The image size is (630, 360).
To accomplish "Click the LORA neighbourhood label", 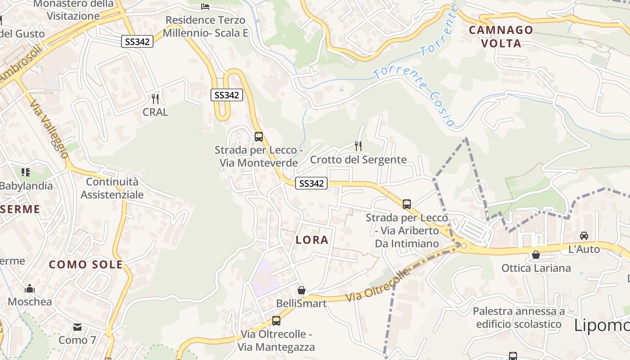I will coord(312,240).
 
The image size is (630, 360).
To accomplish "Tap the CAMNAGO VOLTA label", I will coord(501,37).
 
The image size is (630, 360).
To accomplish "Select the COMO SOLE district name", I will coord(85,265).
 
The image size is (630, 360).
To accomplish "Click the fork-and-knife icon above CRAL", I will coord(155,99).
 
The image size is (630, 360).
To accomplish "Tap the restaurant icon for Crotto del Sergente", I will coord(358,146).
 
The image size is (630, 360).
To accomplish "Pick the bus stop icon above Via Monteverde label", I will coord(258,136).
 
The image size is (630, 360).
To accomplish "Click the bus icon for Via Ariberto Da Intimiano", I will coord(407,204).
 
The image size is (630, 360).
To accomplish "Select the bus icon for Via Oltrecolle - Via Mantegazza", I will coord(276,321).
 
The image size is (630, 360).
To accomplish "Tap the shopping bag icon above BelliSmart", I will coord(301,290).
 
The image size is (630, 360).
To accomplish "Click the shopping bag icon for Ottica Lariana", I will coord(535,255).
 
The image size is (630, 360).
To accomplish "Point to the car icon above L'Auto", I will coord(584,235).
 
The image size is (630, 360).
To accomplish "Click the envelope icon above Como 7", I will coord(77,327).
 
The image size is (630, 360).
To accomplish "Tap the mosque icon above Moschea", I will coord(30,288).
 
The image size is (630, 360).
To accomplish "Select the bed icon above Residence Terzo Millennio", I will coord(205,6).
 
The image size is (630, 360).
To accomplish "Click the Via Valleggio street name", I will coord(49,129).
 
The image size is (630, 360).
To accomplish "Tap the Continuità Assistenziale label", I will coord(112,188).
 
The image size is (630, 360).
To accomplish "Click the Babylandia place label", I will coord(26,185).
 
